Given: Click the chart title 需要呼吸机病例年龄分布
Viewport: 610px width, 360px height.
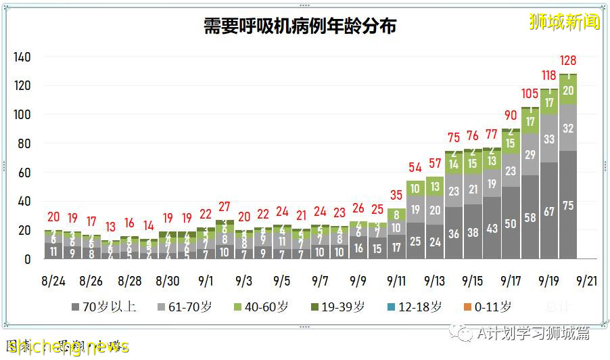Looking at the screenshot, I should (x=300, y=26).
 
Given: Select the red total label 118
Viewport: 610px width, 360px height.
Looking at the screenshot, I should (x=549, y=75).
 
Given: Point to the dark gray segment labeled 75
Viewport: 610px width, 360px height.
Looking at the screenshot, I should (x=568, y=205).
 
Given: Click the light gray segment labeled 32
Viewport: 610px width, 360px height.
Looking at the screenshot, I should (x=568, y=128).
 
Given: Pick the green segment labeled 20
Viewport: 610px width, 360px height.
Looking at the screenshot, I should (x=568, y=90).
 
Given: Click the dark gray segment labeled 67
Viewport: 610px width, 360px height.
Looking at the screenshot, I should (x=549, y=210).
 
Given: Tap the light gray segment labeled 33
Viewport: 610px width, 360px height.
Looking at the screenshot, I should (x=549, y=139).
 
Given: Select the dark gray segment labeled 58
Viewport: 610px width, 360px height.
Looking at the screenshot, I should (x=530, y=217).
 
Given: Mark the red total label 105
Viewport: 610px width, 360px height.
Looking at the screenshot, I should (x=530, y=94).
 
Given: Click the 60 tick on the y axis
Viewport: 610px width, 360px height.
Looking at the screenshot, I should (x=24, y=173).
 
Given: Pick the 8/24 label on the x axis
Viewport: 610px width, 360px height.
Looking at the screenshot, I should (x=53, y=279).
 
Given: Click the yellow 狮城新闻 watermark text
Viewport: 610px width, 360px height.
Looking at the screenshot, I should (x=565, y=22).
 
